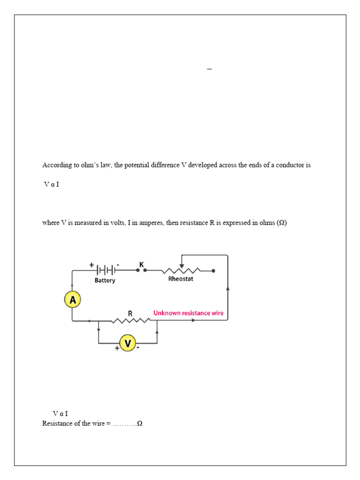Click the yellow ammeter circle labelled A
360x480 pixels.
pos(73,300)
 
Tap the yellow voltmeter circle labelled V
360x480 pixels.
pos(127,344)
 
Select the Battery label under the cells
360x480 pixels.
pos(105,280)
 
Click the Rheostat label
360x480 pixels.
pos(180,278)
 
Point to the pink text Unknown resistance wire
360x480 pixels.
pos(188,313)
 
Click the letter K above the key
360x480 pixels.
pos(142,264)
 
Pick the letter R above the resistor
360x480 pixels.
pos(130,313)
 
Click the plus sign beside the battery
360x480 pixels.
pos(91,265)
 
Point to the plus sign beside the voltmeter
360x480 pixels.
pos(117,348)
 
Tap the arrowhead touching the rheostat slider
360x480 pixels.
pos(182,266)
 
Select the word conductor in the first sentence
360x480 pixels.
pos(291,165)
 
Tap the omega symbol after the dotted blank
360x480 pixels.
pos(139,423)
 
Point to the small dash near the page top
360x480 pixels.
pos(209,69)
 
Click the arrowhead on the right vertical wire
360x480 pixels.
pos(228,289)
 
